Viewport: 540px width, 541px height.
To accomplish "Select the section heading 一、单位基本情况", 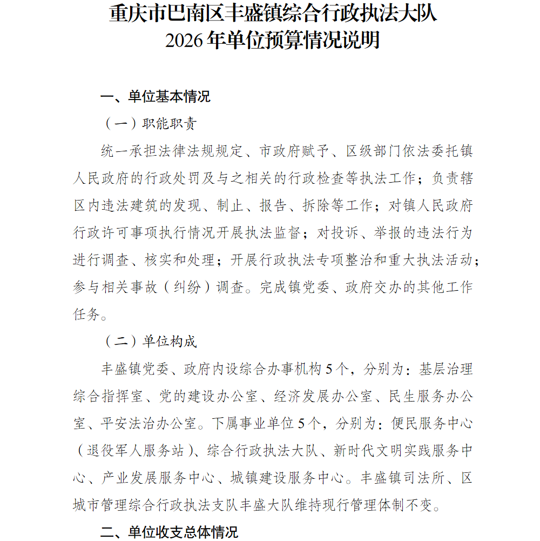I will point(156,97).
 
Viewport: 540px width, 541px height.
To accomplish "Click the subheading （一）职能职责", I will point(150,124).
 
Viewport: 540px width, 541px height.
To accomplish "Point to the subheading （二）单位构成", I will point(150,342).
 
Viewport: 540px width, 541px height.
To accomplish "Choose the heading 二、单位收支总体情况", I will point(169,532).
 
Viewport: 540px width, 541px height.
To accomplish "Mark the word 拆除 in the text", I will point(315,205).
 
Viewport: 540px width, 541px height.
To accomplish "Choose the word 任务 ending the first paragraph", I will point(87,315).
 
